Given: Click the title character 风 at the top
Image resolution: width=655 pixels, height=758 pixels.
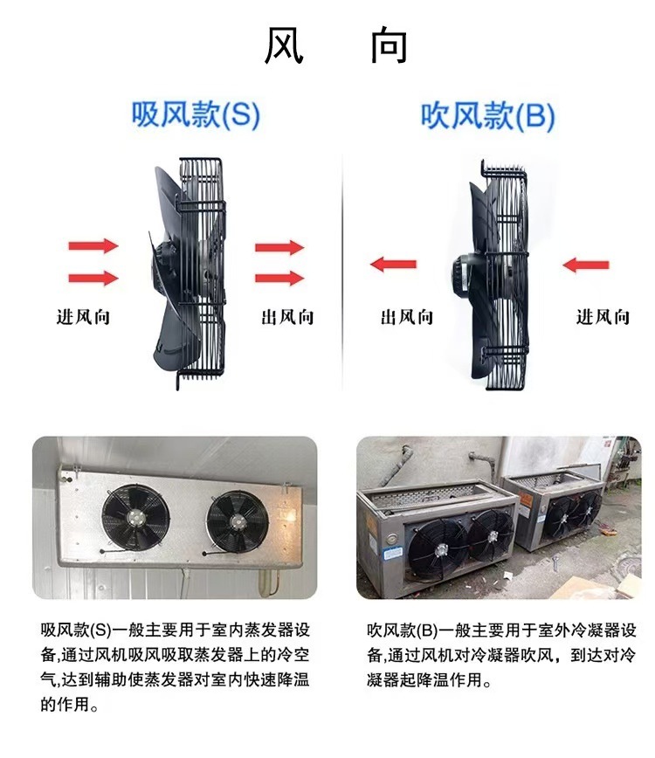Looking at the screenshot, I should [x=284, y=45].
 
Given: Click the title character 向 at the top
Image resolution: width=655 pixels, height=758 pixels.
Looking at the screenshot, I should [x=389, y=45].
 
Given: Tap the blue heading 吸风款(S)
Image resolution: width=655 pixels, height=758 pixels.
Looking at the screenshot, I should [x=196, y=115].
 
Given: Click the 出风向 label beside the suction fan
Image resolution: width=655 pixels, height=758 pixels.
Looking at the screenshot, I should [x=287, y=317].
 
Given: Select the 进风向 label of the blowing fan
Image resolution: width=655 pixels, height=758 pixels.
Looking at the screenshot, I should [x=603, y=317].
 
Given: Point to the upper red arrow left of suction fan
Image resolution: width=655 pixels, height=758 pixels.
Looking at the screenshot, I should [x=93, y=245].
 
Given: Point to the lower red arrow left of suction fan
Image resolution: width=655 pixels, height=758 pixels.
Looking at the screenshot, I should [x=93, y=279].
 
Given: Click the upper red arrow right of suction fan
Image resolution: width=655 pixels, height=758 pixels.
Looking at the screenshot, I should [x=279, y=247].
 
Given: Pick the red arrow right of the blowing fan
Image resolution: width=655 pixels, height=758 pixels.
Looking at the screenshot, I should [x=586, y=264].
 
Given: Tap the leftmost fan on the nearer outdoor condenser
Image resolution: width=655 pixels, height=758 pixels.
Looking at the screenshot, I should [x=442, y=545].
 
